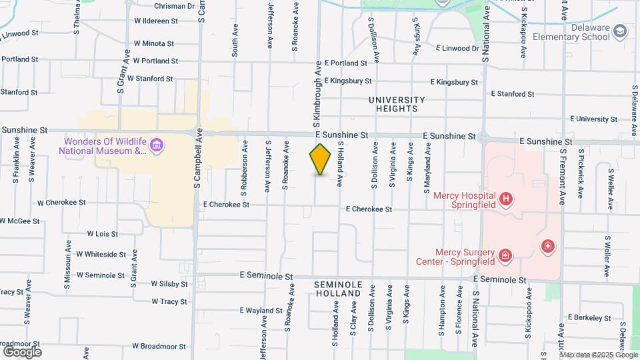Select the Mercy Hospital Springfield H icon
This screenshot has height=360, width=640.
506,198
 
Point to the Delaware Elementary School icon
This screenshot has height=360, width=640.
621,31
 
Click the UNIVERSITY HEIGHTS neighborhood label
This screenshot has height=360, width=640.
396,103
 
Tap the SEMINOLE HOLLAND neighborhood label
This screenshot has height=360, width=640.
338,289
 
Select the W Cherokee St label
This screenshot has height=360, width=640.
61,202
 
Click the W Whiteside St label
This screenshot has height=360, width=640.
101,254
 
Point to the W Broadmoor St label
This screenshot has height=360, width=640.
158,346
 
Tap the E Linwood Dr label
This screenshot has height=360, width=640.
457,48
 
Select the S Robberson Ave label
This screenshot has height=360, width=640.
245,162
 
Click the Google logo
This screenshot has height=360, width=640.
22,351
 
